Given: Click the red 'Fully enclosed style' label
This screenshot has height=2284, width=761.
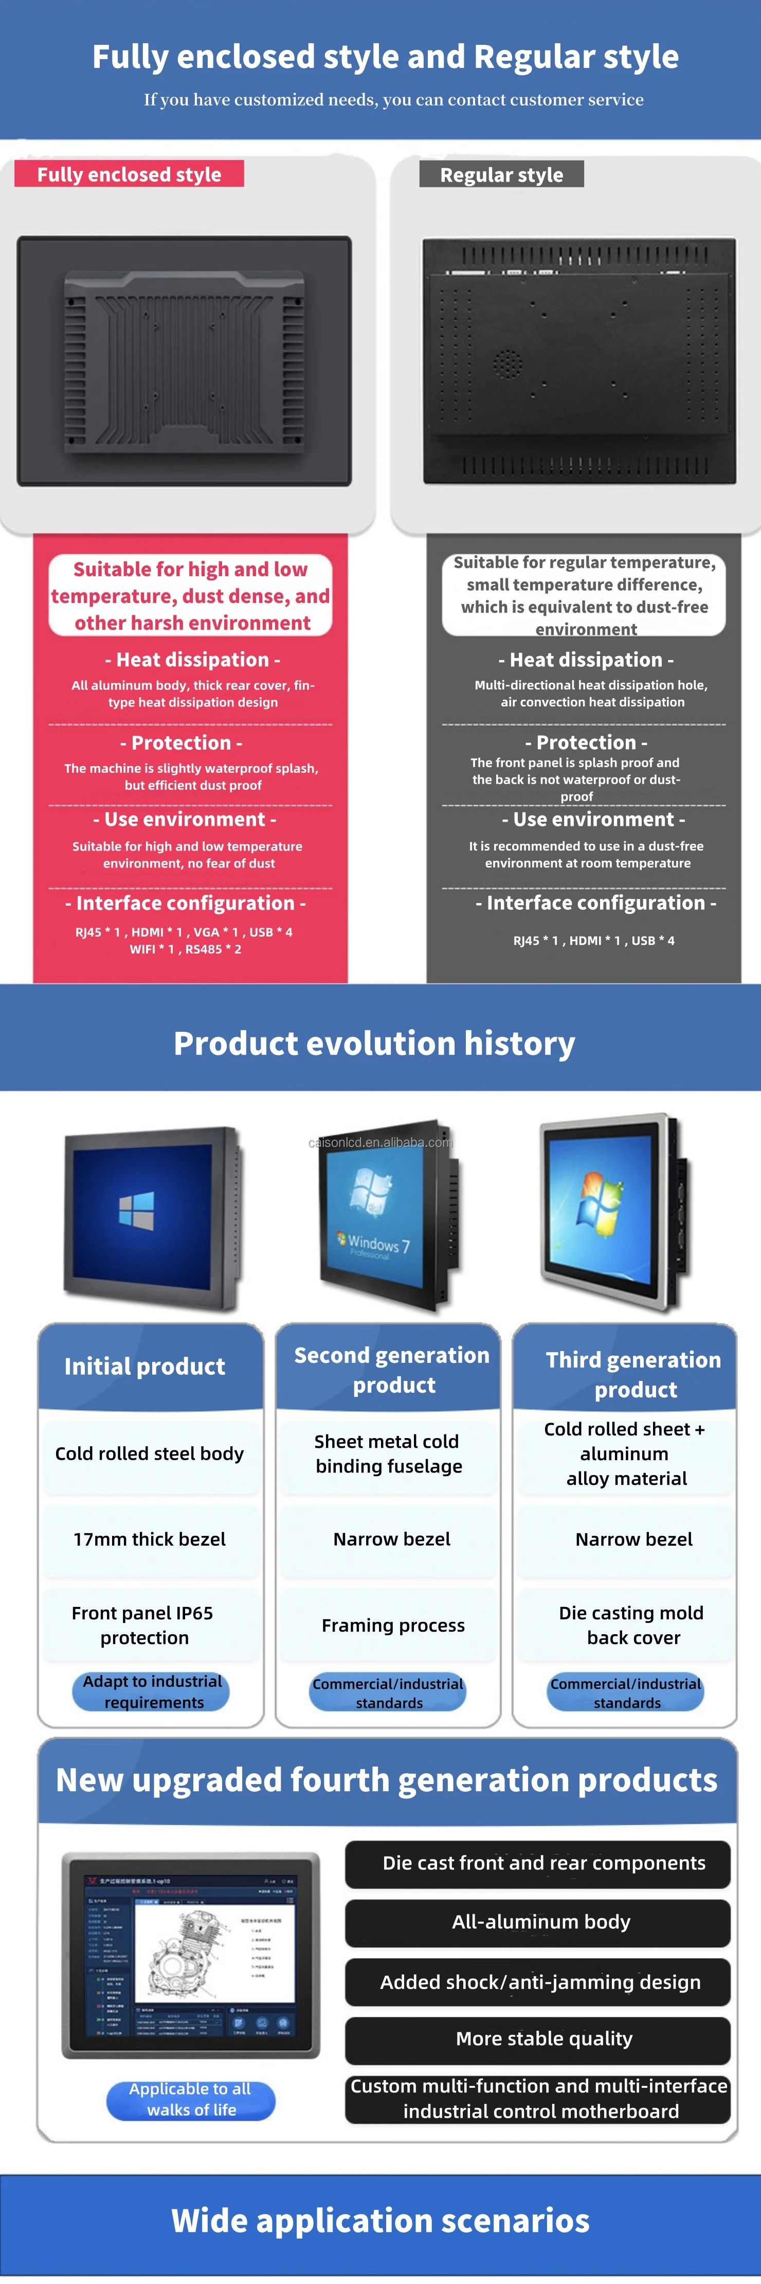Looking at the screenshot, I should click(x=130, y=174).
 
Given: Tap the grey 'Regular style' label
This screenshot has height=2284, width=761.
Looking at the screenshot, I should click(x=501, y=175).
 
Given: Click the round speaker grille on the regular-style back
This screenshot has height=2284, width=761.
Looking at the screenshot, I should click(x=507, y=361).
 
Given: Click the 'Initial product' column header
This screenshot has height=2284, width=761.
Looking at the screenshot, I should click(x=146, y=1366).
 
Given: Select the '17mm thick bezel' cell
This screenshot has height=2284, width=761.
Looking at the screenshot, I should click(x=150, y=1539).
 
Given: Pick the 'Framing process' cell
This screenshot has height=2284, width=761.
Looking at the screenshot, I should click(x=392, y=1625).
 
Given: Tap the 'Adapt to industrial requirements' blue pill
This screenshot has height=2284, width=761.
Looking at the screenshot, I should click(x=152, y=1692).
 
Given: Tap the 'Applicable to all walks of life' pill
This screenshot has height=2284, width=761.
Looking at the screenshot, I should click(x=190, y=2100).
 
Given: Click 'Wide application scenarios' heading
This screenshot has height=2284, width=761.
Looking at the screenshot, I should click(x=380, y=2220).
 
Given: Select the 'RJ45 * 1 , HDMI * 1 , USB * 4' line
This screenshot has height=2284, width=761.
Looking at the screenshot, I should click(x=593, y=941).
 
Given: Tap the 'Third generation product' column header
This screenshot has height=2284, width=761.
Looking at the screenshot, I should click(x=632, y=1374).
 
